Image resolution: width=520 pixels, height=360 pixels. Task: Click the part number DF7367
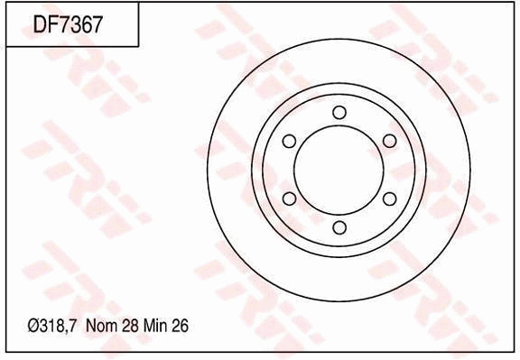pyautogui.click(x=68, y=24)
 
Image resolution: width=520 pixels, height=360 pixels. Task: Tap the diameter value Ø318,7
pyautogui.click(x=52, y=326)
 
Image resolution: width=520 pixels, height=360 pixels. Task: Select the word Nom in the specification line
pyautogui.click(x=101, y=326)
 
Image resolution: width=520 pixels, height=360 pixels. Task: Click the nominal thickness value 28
pyautogui.click(x=130, y=326)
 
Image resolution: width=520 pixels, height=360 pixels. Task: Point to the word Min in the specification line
pyautogui.click(x=155, y=326)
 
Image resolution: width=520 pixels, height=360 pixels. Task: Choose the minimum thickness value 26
pyautogui.click(x=180, y=326)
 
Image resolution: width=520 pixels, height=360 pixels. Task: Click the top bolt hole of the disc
pyautogui.click(x=339, y=113)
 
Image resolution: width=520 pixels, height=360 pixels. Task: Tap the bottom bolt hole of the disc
pyautogui.click(x=339, y=227)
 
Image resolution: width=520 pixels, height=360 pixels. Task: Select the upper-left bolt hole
pyautogui.click(x=289, y=142)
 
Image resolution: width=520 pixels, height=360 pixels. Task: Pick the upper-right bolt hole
pyautogui.click(x=390, y=142)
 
